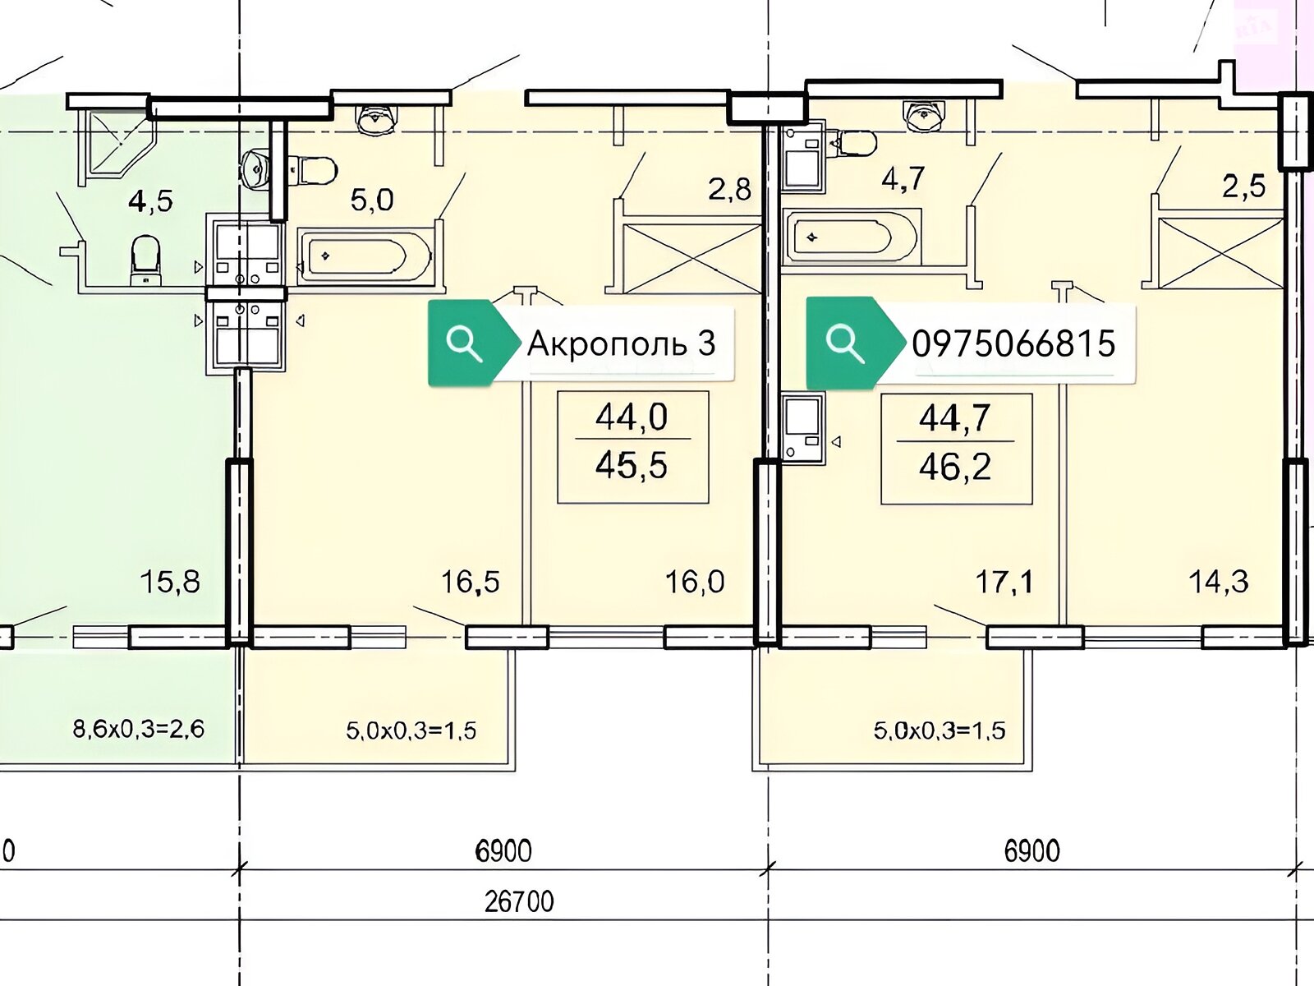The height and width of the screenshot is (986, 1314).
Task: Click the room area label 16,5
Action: click(470, 582)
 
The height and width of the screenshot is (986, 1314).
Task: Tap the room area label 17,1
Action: click(1004, 582)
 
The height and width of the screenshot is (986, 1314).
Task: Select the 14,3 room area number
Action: click(1218, 582)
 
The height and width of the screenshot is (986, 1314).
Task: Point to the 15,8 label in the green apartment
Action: click(170, 582)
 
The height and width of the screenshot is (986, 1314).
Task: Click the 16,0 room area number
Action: click(695, 582)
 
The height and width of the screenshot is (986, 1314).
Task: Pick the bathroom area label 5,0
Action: click(372, 200)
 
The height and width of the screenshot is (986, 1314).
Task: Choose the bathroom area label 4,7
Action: click(903, 179)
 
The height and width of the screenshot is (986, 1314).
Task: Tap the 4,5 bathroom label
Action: click(151, 201)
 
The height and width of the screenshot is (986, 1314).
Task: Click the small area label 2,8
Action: click(729, 190)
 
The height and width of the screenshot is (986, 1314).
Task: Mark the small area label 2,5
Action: click(1244, 187)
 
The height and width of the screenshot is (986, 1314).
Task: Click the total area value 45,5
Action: click(632, 466)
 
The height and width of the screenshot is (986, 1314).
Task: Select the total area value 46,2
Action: click(955, 468)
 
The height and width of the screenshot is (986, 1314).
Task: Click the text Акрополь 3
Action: click(622, 343)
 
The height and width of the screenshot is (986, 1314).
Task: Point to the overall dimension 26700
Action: click(519, 902)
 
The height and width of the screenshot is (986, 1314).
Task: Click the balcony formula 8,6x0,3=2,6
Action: click(138, 729)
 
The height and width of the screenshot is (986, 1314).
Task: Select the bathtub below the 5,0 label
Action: click(365, 256)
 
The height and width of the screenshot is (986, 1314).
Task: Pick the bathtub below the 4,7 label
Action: click(852, 237)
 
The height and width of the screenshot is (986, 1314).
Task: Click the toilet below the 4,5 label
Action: click(145, 260)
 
